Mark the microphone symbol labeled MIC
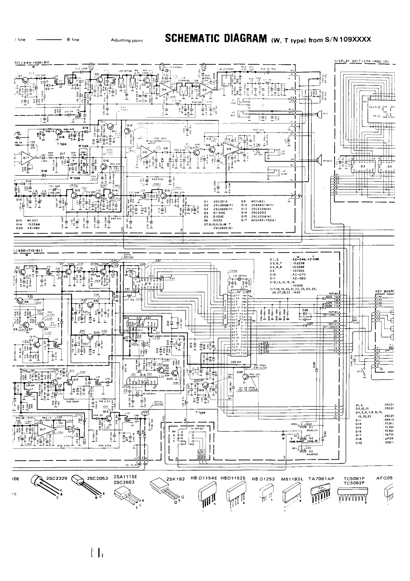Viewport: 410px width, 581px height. point(318,114)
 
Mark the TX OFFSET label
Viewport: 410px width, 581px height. point(198,428)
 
